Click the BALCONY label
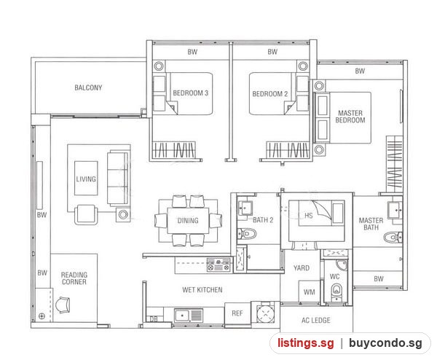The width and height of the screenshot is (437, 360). [x=88, y=87]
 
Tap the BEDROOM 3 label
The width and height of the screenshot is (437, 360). [x=191, y=93]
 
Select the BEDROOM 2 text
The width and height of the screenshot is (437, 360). [x=269, y=94]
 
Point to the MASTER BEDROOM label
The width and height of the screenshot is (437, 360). [x=350, y=117]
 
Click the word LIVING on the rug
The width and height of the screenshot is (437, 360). [x=86, y=179]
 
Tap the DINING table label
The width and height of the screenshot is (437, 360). [x=188, y=221]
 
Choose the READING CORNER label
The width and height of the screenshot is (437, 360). [x=74, y=278]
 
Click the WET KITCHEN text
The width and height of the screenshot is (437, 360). [x=202, y=290]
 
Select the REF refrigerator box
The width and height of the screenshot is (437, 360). [x=237, y=313]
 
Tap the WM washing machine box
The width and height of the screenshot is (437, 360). [x=309, y=291]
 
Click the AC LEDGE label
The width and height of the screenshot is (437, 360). [x=316, y=321]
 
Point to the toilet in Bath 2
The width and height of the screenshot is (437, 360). [x=247, y=234]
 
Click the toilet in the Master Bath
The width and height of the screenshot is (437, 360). [x=393, y=238]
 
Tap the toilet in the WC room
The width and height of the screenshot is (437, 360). [x=336, y=291]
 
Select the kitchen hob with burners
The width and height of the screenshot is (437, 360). [x=219, y=265]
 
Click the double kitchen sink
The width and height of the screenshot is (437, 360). [x=189, y=316]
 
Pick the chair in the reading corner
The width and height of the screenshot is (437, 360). [x=63, y=305]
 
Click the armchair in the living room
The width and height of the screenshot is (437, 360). [x=86, y=214]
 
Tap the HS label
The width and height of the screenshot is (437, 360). [x=309, y=216]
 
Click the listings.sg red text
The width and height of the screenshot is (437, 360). [x=305, y=343]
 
